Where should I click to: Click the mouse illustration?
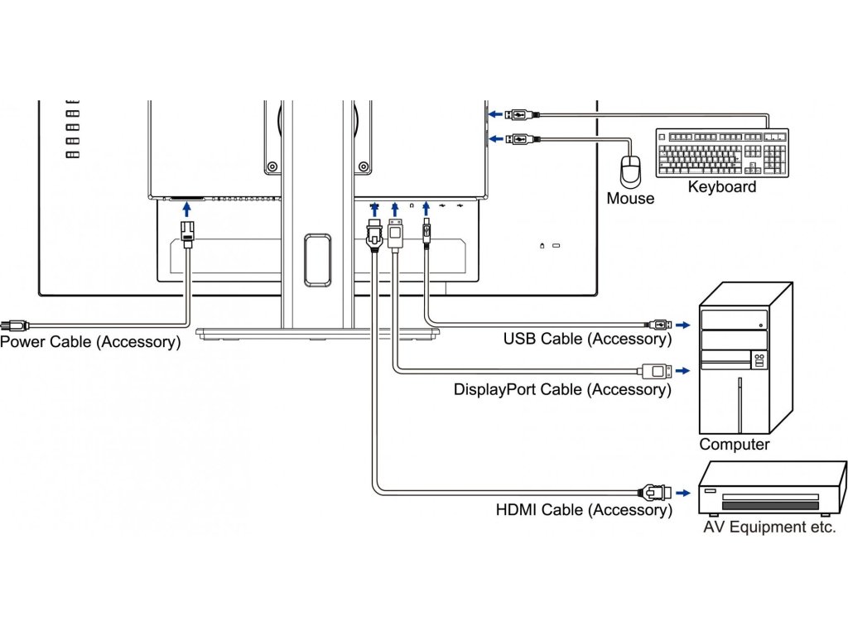[x=630, y=170]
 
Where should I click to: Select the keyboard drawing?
[x=722, y=153]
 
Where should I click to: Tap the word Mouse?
[x=630, y=199]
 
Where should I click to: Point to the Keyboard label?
[x=722, y=187]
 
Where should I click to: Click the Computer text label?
[x=734, y=444]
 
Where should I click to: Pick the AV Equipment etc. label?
[x=769, y=527]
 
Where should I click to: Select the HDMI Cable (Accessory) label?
[x=584, y=509]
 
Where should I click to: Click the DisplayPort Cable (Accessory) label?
[x=562, y=389]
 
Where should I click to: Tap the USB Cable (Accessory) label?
[x=587, y=339]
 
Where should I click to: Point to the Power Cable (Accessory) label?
[x=90, y=342]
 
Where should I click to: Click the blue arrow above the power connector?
[x=186, y=210]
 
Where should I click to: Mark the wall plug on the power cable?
[x=15, y=325]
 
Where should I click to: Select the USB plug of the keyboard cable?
[x=522, y=114]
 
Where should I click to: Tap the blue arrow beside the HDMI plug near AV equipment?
[x=683, y=494]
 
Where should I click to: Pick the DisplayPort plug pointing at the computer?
[x=657, y=371]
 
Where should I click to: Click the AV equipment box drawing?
[x=773, y=488]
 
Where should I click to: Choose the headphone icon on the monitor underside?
[x=412, y=205]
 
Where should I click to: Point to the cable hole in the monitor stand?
[x=317, y=260]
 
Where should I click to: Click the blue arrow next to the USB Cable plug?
[x=683, y=325]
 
